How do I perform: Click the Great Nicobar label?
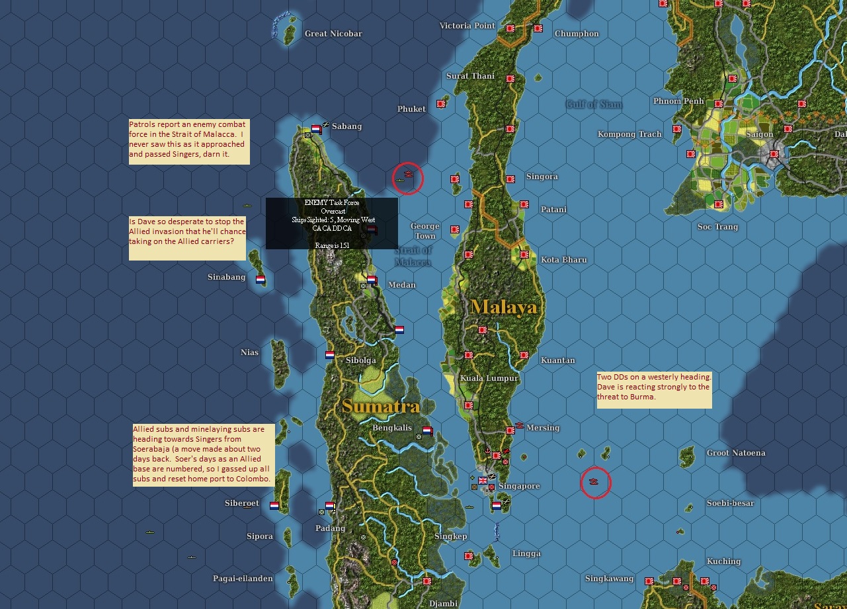pos(333,34)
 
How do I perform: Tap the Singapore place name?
pos(519,486)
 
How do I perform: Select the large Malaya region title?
pos(504,307)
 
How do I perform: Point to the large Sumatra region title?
pos(381,406)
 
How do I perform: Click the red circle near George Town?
pos(408,178)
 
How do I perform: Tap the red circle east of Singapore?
pos(595,483)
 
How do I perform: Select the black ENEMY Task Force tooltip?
pos(332,223)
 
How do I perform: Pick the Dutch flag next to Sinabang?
pos(261,279)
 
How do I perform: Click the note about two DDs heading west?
pos(654,390)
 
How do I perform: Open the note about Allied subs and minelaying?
pos(203,455)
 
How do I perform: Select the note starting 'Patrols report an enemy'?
pos(189,142)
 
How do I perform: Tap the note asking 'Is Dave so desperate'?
pos(187,238)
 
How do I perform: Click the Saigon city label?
pos(760,134)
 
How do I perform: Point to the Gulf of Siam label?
pos(594,104)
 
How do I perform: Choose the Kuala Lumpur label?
pos(489,378)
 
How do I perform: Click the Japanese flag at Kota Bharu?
pos(524,255)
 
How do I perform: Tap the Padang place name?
pos(330,528)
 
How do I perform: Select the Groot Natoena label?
pos(736,453)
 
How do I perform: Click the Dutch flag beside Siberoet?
pos(274,506)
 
